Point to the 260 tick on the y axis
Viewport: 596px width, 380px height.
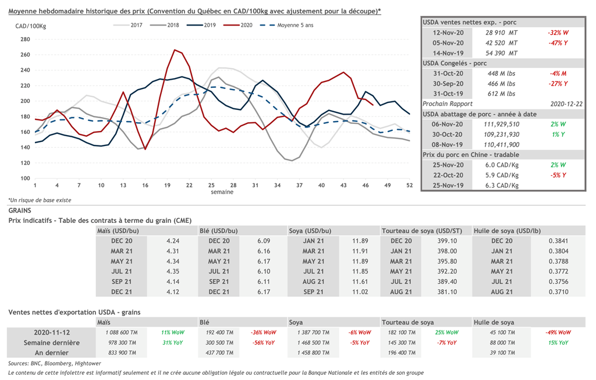coord(25,55)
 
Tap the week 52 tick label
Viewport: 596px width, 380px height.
coord(409,185)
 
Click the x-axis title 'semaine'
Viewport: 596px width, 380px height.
coord(222,191)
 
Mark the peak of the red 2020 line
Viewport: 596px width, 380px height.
coord(175,50)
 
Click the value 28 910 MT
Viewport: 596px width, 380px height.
coord(501,33)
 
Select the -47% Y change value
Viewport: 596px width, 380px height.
coord(558,42)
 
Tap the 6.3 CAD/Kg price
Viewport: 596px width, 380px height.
coord(502,186)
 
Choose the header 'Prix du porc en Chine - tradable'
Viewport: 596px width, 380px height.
coord(471,155)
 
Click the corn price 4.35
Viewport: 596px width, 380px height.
coord(172,271)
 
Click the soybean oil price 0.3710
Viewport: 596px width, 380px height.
coord(558,292)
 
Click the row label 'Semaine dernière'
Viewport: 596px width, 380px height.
coord(52,343)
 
